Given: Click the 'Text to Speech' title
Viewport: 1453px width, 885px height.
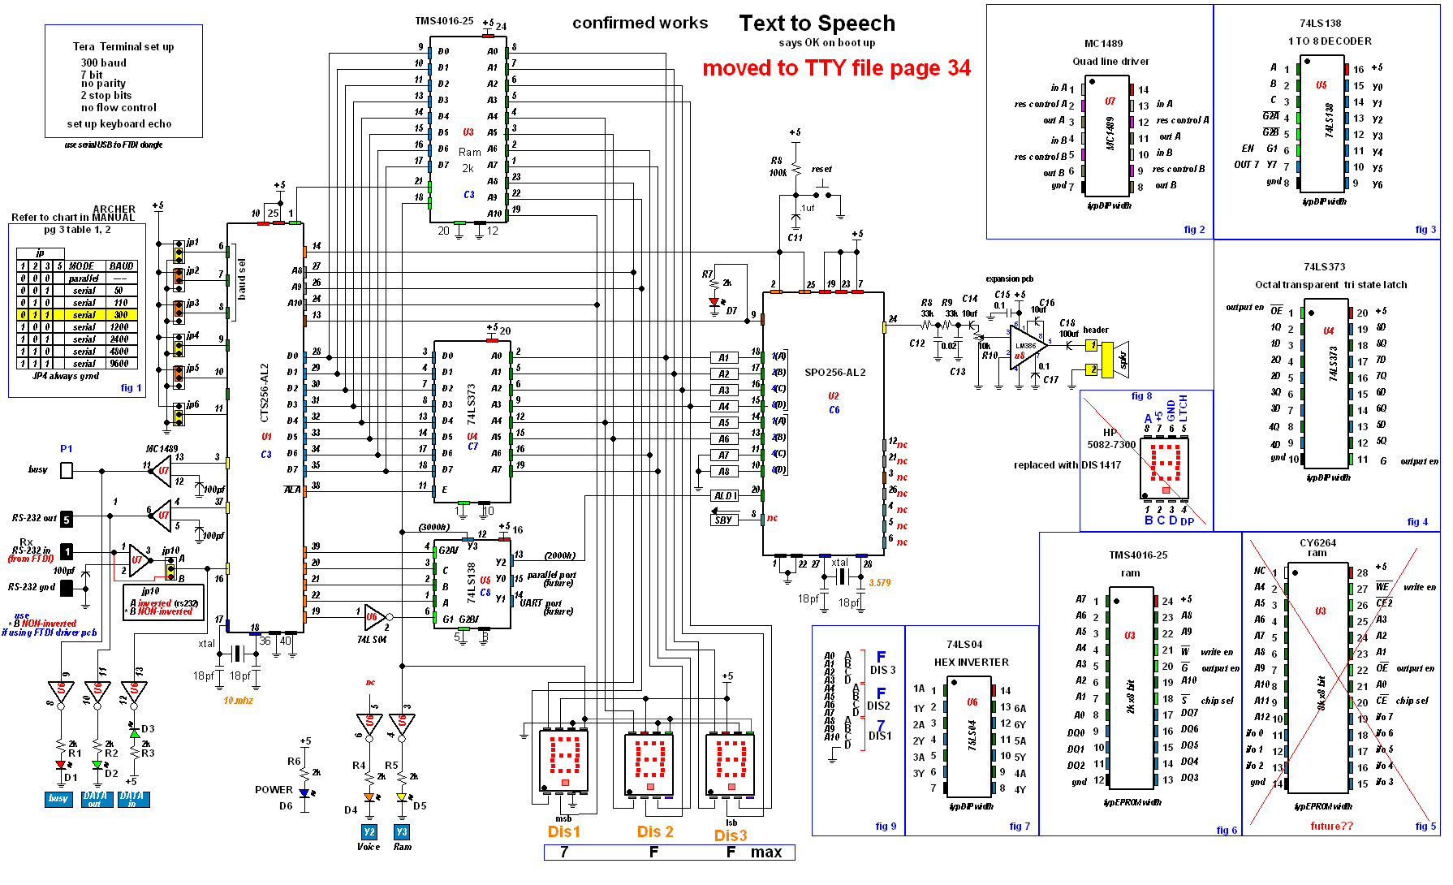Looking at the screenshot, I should (817, 24).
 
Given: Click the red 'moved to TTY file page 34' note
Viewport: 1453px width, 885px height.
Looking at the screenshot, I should (836, 68).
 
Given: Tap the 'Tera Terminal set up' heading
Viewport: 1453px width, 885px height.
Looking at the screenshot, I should (123, 47).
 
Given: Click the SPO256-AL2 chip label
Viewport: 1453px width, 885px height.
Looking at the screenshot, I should (834, 373).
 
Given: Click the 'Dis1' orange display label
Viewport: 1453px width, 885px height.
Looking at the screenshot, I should (564, 831).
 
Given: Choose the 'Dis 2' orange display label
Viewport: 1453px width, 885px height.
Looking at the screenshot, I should (655, 831).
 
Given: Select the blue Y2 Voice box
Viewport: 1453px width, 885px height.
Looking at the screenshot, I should (369, 832).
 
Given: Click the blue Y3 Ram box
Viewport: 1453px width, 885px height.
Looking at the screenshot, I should (402, 832).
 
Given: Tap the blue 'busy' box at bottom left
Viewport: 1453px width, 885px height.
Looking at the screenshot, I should (58, 799).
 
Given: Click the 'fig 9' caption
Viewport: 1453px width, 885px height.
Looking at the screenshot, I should (886, 827).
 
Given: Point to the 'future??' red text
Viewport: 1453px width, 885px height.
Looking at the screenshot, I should (1331, 827).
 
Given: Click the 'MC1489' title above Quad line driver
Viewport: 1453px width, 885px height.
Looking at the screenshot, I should (1103, 44).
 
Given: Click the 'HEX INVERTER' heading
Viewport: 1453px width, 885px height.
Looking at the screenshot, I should (971, 663).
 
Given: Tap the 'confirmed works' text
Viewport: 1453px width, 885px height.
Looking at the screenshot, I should (640, 24).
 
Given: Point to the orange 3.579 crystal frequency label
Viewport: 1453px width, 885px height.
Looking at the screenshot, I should (880, 583).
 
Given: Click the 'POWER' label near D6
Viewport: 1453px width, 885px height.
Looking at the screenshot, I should (274, 790).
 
